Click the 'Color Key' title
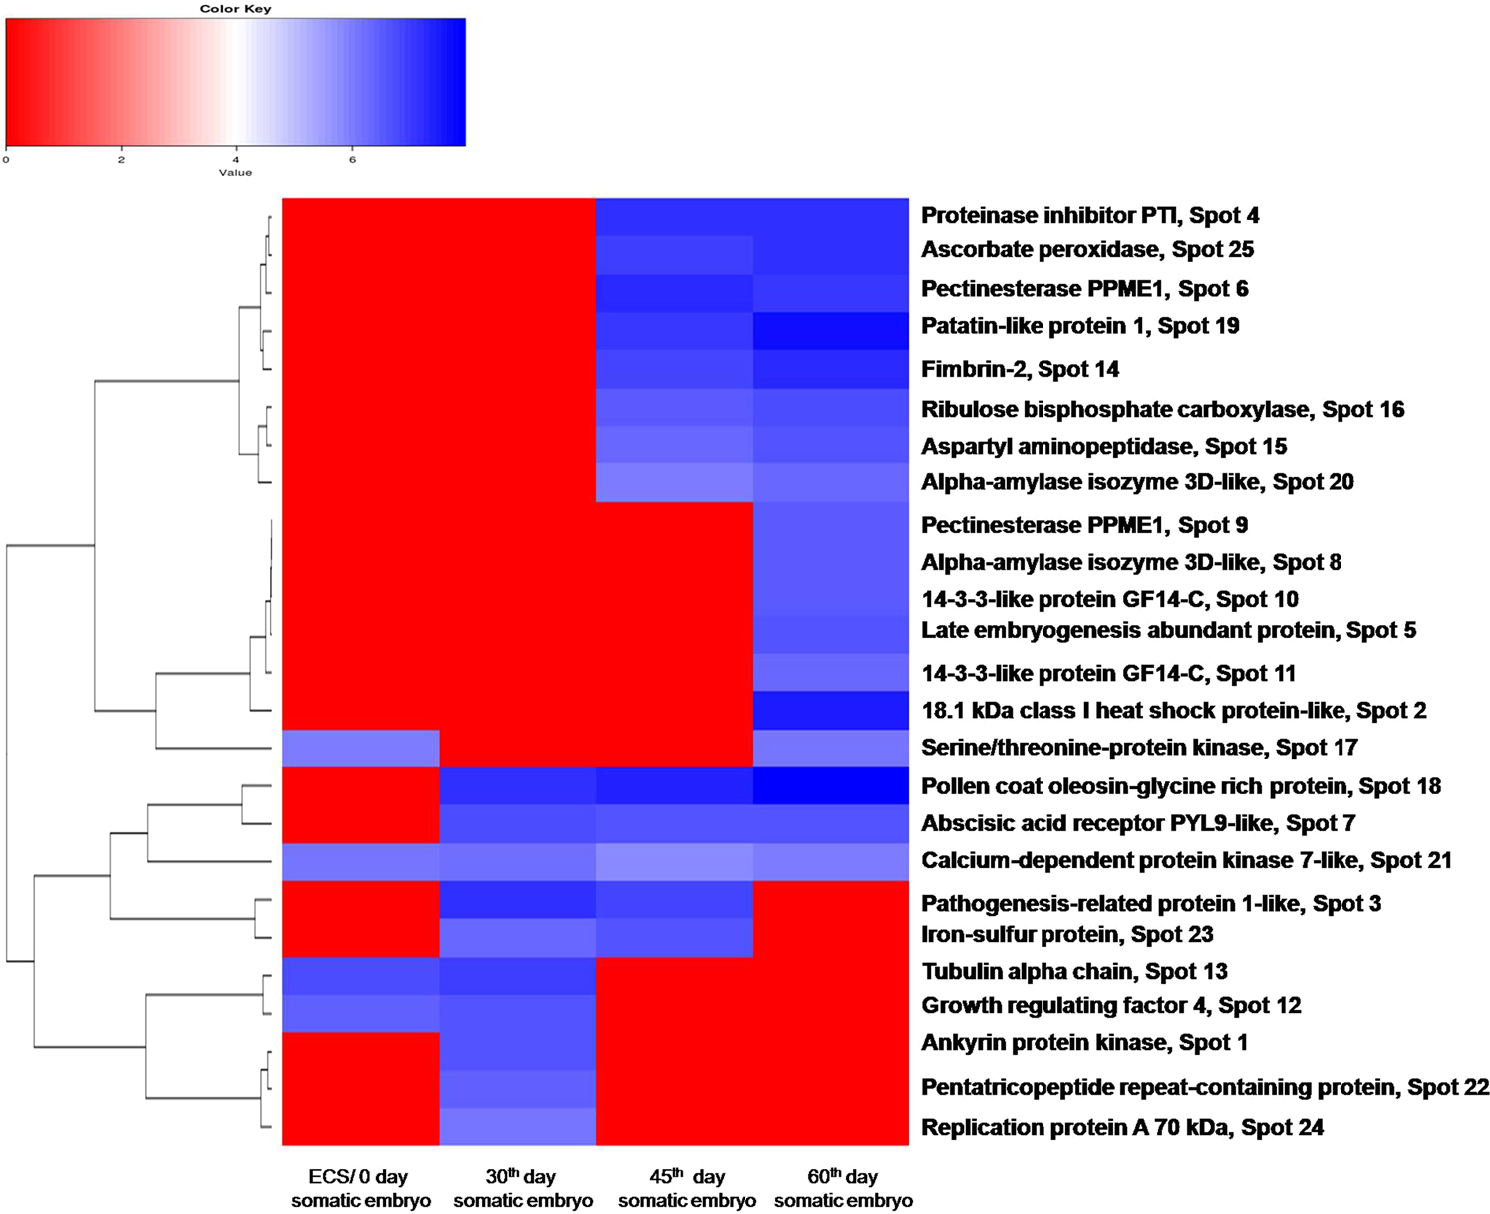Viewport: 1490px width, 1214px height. coord(235,9)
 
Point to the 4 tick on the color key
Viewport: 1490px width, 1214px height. coord(236,159)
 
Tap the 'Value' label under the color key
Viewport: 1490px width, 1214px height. coord(235,173)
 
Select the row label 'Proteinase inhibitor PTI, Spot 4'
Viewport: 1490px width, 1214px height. coord(1089,215)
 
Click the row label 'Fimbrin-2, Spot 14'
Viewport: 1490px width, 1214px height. coord(1020,369)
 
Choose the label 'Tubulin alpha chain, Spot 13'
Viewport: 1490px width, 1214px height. coord(1073,971)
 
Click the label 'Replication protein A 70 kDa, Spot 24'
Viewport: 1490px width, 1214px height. coord(1121,1127)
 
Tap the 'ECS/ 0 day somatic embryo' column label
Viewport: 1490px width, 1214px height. coord(360,1188)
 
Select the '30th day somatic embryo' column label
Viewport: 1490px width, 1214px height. coord(522,1188)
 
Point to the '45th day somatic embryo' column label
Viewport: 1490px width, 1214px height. coord(687,1188)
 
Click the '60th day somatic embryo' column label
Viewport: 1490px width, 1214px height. coord(843,1188)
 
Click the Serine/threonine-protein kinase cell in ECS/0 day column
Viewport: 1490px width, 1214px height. coord(361,748)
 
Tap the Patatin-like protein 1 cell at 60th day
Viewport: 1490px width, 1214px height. coord(830,331)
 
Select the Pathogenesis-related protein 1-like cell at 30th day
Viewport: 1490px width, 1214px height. coord(517,900)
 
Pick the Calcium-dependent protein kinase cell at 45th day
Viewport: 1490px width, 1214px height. coord(674,862)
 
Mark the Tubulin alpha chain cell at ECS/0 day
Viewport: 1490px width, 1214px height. coord(361,976)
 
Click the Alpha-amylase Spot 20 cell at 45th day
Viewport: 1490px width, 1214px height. coord(674,482)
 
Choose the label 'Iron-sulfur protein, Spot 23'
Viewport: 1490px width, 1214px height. coord(1066,934)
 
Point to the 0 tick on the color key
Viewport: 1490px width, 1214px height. coord(6,159)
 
